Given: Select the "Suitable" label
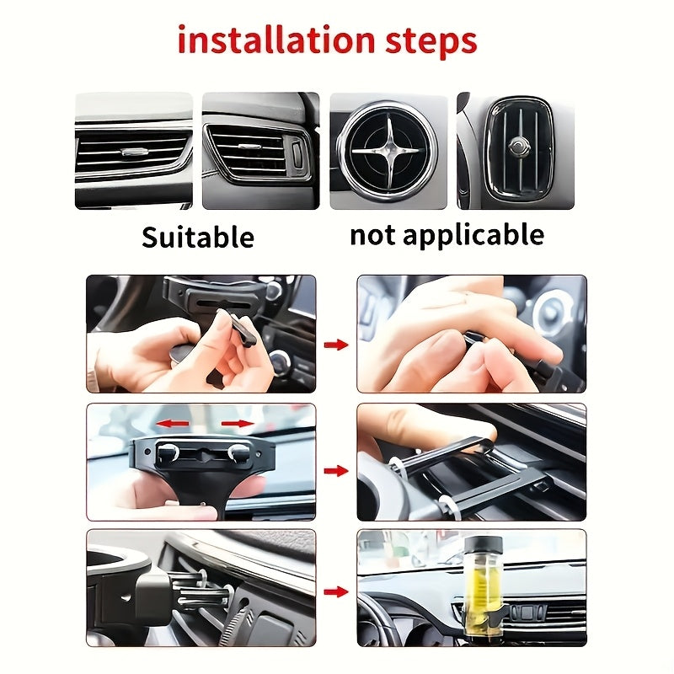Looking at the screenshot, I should tap(197, 237).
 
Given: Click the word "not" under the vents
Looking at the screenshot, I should tap(373, 234).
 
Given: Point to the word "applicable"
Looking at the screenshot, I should tap(474, 235).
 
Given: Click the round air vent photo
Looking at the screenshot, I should tap(388, 151).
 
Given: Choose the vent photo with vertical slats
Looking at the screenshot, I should tap(516, 151).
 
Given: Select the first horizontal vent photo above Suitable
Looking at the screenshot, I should tap(133, 151).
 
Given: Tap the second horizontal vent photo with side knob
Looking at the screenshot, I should tap(260, 151).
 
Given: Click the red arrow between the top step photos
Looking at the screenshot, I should tap(336, 345).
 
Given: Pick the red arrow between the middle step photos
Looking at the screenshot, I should tap(336, 470).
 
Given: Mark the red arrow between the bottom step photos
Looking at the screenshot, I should tap(336, 592).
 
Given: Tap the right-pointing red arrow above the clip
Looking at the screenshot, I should tap(237, 423).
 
